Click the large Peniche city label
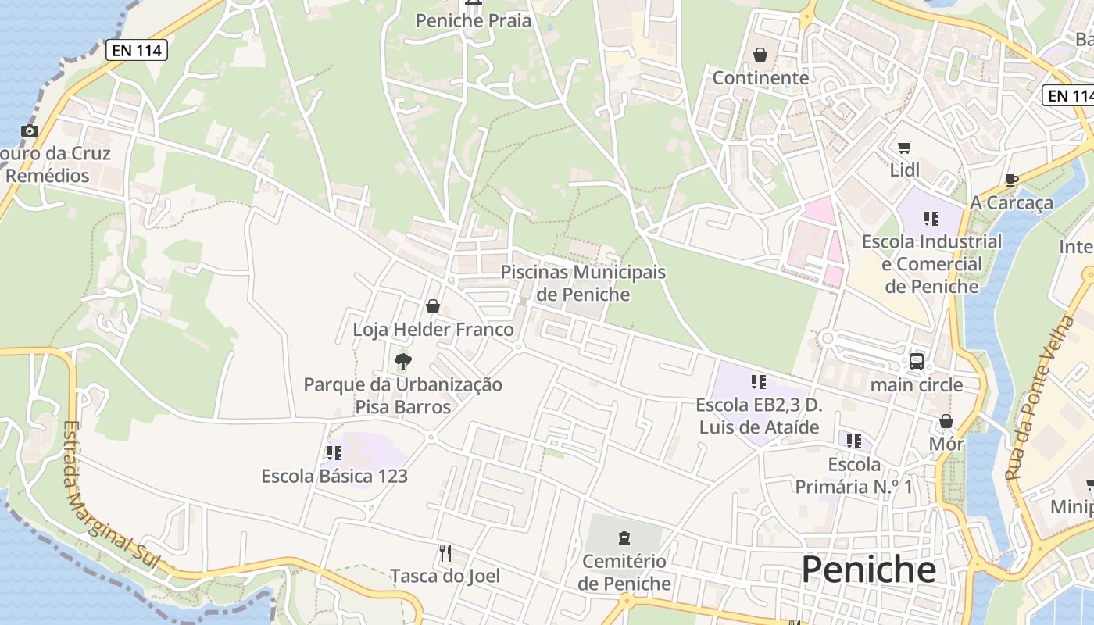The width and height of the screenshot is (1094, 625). [x=868, y=570]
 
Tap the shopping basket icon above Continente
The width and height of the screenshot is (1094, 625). [x=760, y=55]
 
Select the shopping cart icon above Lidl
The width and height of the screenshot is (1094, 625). [x=905, y=147]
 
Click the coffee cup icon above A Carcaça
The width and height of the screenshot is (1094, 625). [x=1011, y=180]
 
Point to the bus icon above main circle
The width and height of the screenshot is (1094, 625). [x=917, y=362]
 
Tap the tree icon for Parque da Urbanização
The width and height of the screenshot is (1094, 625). [x=402, y=361]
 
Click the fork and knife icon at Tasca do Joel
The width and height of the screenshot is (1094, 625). [x=445, y=553]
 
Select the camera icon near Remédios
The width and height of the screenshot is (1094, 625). [x=30, y=130]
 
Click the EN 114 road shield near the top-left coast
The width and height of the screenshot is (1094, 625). [x=137, y=51]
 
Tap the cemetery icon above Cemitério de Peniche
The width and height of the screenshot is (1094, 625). [x=624, y=537]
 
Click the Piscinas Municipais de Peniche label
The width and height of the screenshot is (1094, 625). [x=583, y=283]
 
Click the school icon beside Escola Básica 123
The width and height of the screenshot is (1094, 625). [x=334, y=453]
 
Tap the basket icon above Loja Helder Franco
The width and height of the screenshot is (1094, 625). [x=433, y=306]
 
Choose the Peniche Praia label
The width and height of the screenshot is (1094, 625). [x=473, y=20]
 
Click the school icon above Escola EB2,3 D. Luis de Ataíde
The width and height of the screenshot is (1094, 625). [x=758, y=382]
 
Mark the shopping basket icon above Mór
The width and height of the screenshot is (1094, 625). [x=946, y=422]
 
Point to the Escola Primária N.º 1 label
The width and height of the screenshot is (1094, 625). [x=853, y=476]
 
